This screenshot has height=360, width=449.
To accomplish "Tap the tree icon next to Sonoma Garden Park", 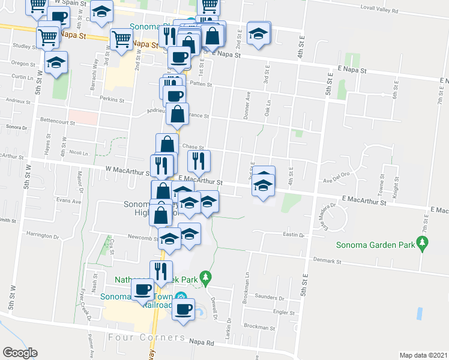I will click(x=424, y=242).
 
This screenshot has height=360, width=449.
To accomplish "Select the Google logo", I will click(x=20, y=353).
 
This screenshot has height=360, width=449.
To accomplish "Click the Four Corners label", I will click(x=138, y=337).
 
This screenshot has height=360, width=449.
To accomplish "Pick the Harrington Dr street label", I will click(x=41, y=236).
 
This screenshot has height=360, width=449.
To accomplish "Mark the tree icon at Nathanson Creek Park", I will click(x=206, y=277).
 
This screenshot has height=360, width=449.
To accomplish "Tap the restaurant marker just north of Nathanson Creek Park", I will click(x=161, y=271).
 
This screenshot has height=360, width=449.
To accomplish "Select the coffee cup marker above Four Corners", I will click(x=183, y=310).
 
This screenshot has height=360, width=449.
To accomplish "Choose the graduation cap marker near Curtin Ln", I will click(x=56, y=62).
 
